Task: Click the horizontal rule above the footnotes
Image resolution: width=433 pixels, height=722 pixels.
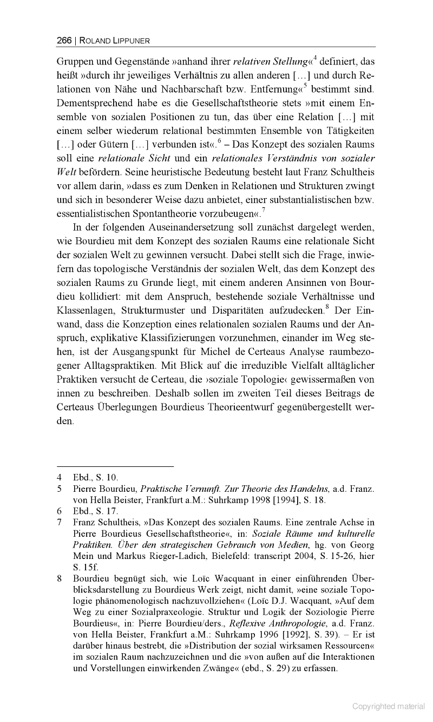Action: coord(115,465)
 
